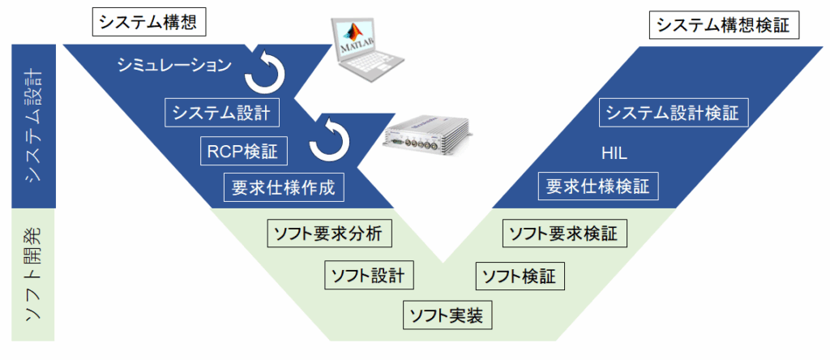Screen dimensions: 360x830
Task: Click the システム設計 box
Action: [222, 112]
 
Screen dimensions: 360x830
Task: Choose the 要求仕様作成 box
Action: [283, 187]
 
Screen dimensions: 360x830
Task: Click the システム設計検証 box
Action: [673, 112]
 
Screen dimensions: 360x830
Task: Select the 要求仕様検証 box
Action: [598, 186]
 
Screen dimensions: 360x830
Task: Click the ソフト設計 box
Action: [369, 274]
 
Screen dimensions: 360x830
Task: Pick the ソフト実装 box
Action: [447, 315]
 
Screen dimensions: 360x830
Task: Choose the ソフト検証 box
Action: [519, 276]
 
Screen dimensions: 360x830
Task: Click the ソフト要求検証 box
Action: [563, 234]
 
